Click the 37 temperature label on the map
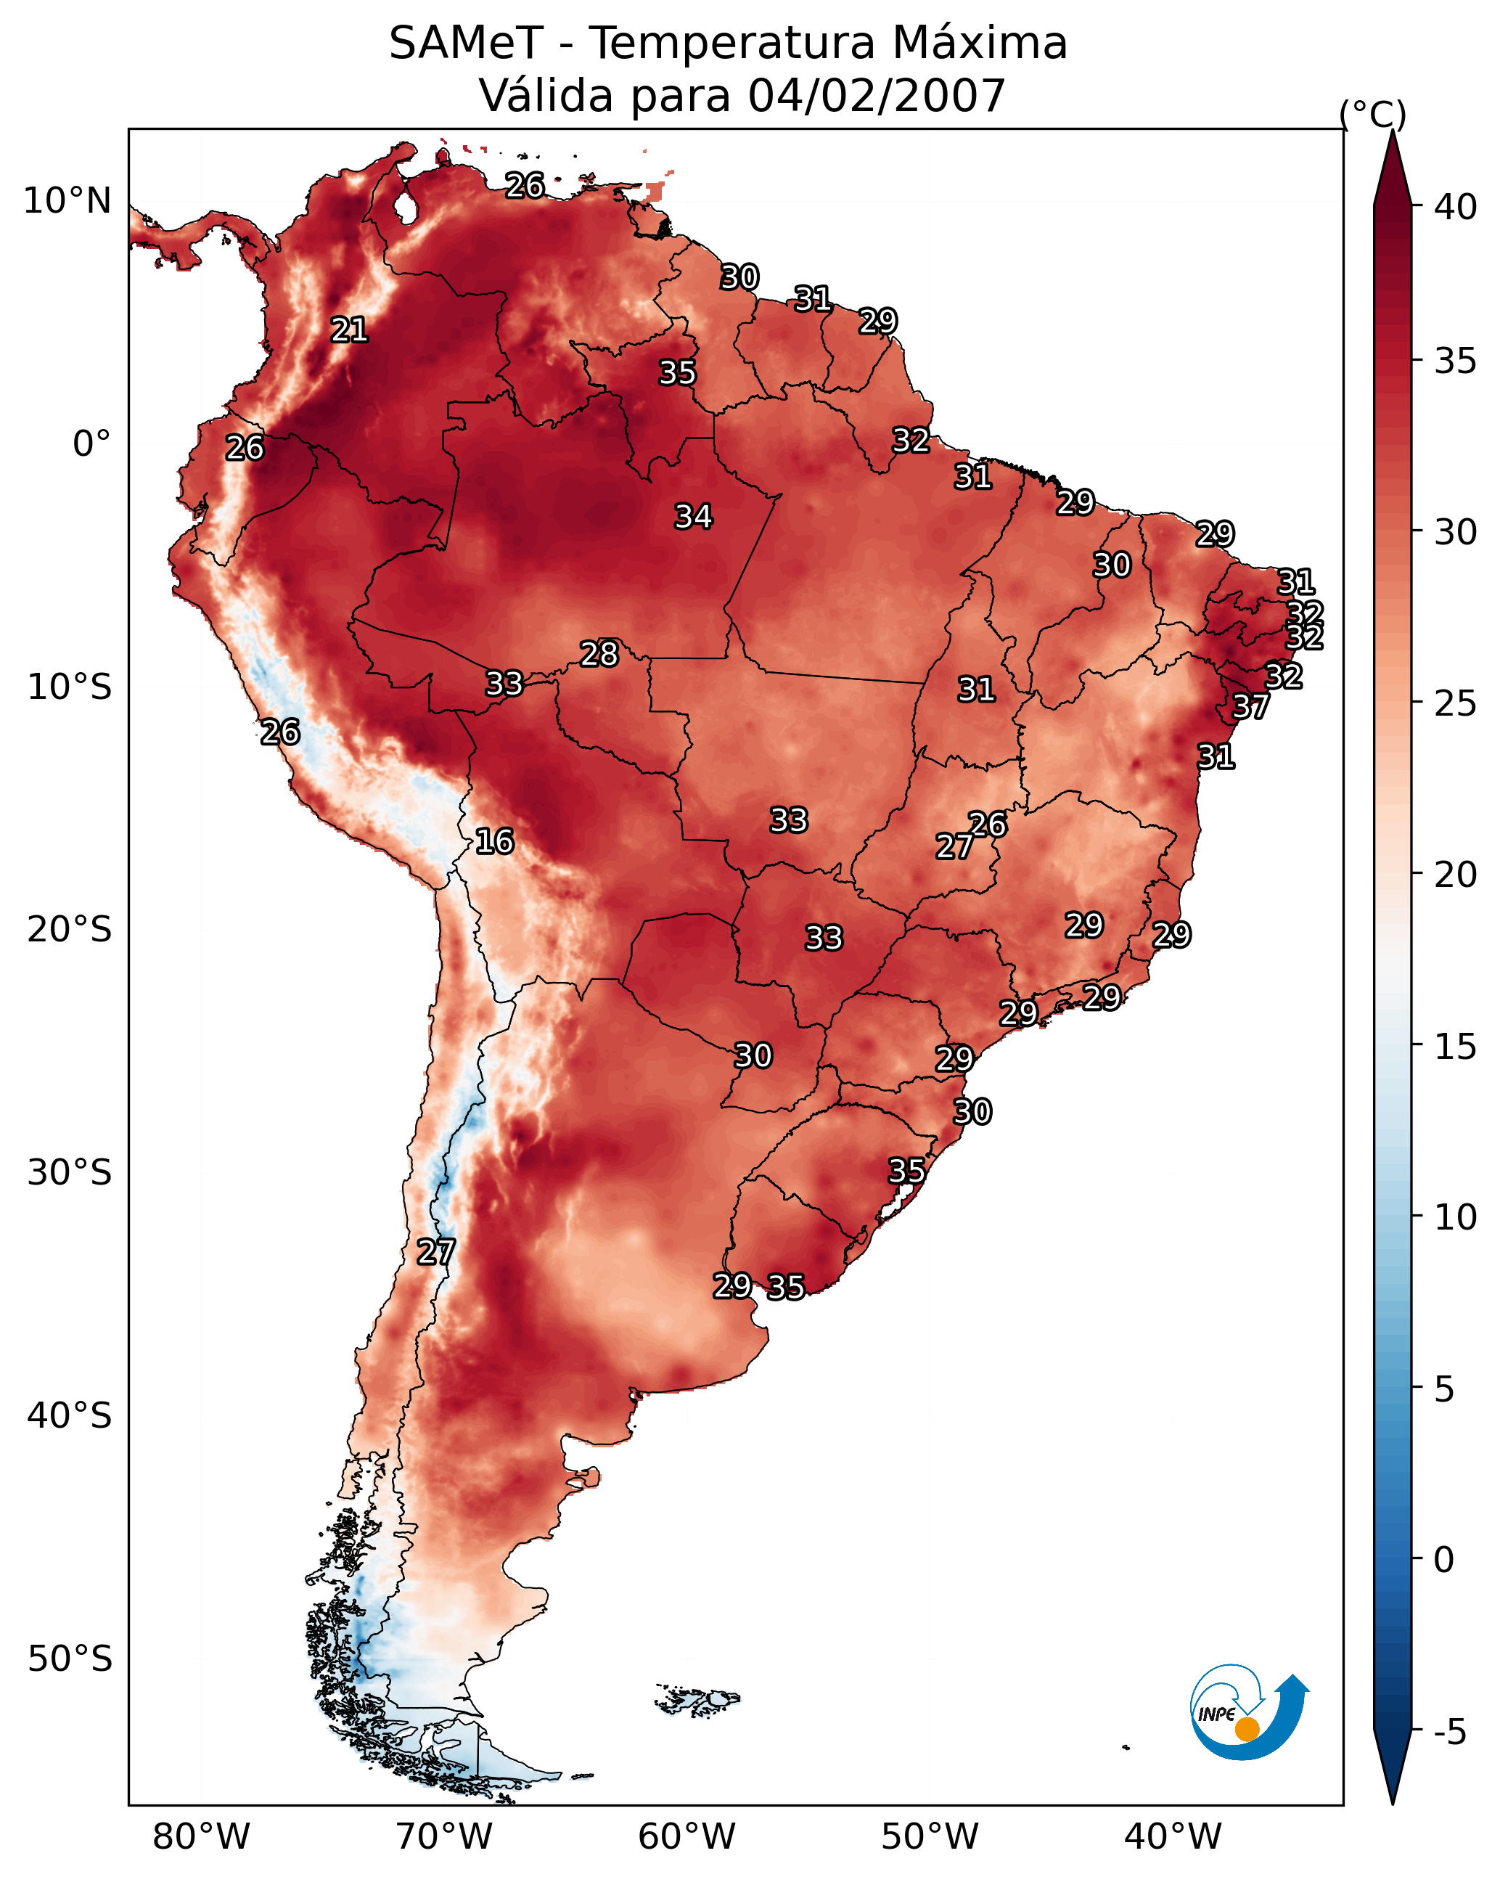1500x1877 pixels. [x=1251, y=707]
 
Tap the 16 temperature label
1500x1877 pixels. [x=494, y=842]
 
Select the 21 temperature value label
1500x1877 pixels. [x=349, y=330]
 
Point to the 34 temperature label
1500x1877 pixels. [x=694, y=517]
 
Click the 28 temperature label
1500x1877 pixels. [x=599, y=654]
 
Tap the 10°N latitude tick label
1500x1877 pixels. [x=67, y=201]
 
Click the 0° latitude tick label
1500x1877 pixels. [x=91, y=444]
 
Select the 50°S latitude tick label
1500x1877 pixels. [x=70, y=1659]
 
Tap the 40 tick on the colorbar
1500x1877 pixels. [x=1456, y=207]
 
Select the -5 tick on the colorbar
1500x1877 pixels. [x=1449, y=1733]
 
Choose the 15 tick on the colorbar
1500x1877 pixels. [x=1456, y=1047]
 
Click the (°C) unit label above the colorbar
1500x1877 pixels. [x=1373, y=114]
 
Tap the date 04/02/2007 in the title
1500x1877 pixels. [x=877, y=96]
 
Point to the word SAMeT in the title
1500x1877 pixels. [x=467, y=44]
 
